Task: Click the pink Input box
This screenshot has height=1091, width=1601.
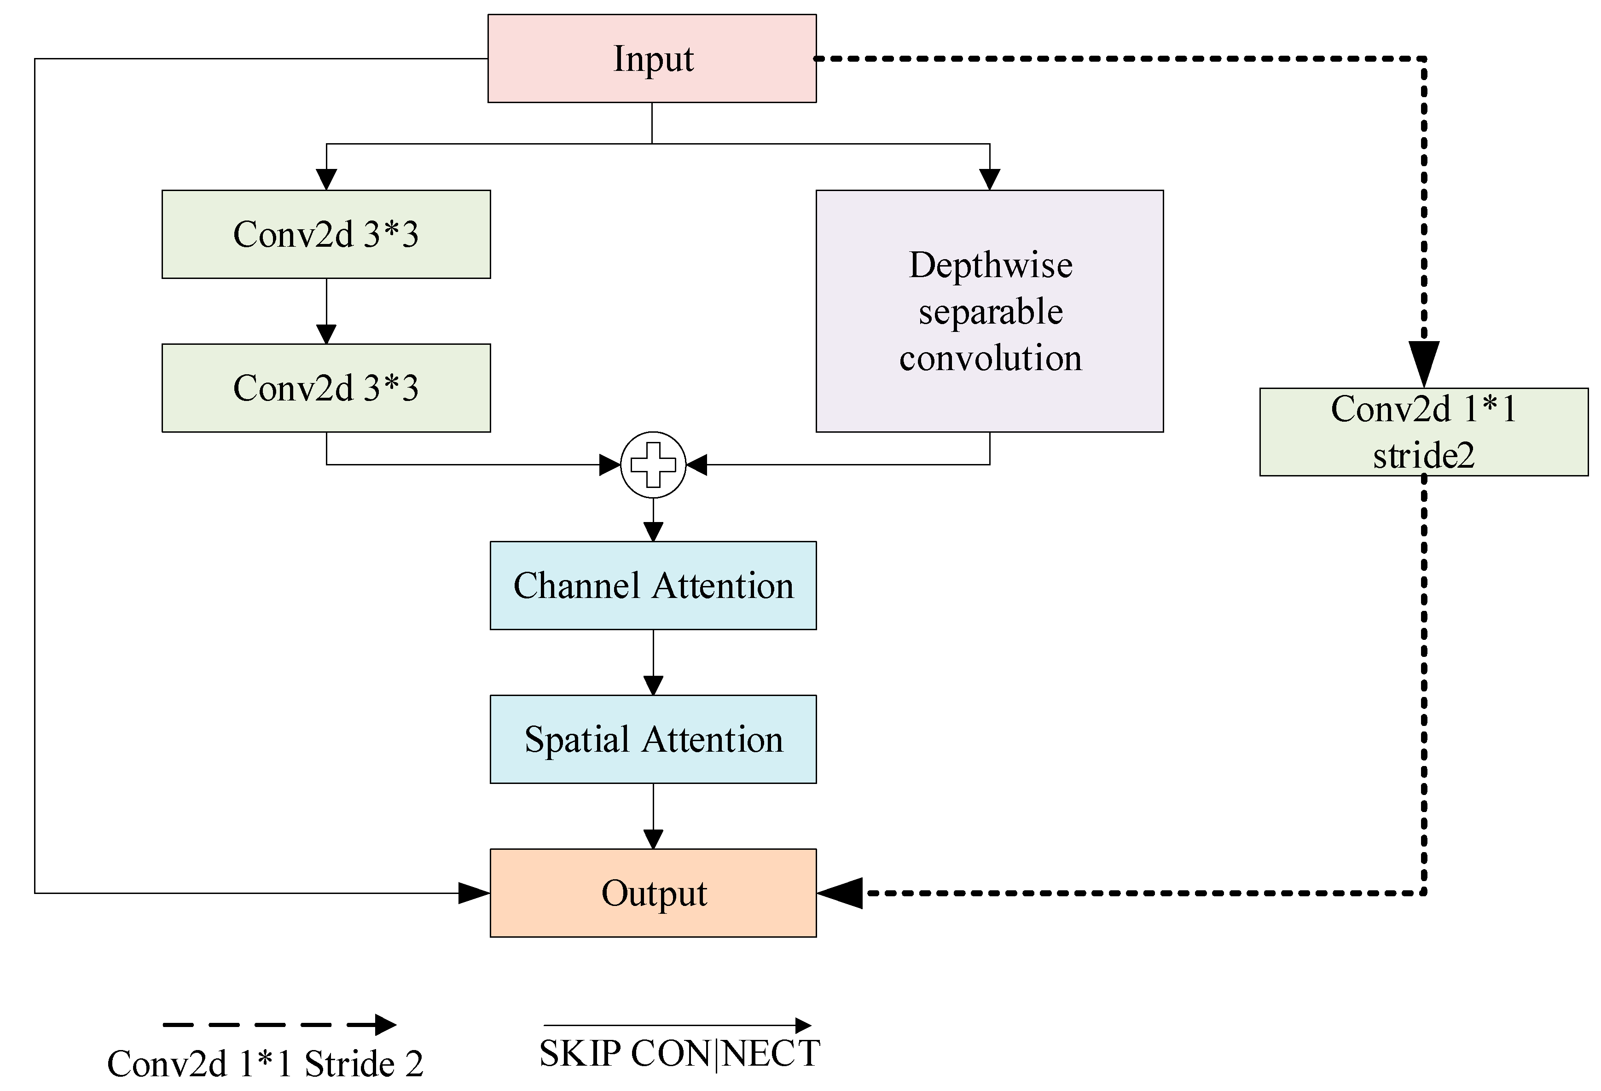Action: (652, 58)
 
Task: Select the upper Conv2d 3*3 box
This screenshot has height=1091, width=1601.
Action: (326, 234)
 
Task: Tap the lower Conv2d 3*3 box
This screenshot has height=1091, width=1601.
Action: (326, 388)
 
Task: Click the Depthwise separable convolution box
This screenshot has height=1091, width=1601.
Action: (989, 311)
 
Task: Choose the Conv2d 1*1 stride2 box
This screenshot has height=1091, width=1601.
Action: (1423, 432)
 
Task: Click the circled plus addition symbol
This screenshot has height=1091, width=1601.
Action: (653, 465)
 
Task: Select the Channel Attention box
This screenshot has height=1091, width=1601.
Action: (653, 586)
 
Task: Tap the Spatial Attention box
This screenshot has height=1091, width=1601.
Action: (653, 739)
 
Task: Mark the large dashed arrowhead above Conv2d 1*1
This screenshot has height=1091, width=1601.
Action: (1423, 363)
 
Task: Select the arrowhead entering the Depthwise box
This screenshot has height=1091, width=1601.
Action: (989, 180)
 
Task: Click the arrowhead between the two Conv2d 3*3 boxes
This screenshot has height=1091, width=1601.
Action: (326, 334)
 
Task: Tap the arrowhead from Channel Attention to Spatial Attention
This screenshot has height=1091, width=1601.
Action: (653, 685)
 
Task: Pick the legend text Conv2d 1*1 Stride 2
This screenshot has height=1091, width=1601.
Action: (265, 1064)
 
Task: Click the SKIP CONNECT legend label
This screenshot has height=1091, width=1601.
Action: (679, 1054)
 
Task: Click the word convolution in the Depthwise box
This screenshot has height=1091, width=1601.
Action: (990, 358)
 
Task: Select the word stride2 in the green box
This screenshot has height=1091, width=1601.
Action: (1423, 455)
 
